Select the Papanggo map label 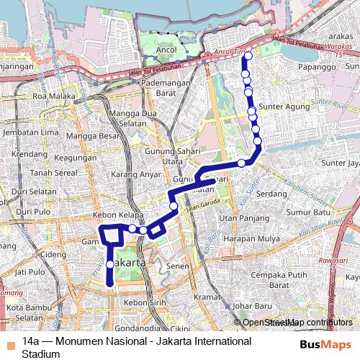[308, 67]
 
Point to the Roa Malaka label [49, 95]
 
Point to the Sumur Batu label [307, 213]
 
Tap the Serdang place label [271, 194]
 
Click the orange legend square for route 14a [9, 341]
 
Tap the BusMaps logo [320, 345]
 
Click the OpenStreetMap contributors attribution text [297, 322]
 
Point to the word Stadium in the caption [40, 354]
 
